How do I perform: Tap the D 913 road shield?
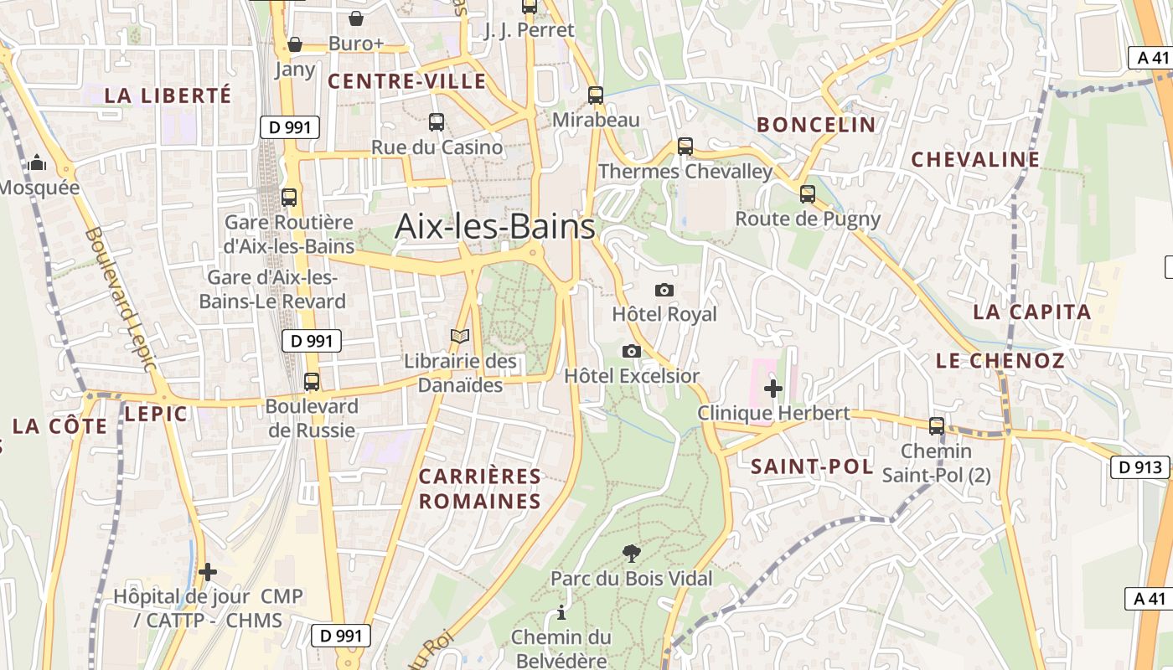(x=1139, y=467)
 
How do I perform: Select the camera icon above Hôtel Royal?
(x=664, y=290)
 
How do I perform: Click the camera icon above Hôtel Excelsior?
(x=632, y=351)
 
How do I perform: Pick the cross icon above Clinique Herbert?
(x=773, y=389)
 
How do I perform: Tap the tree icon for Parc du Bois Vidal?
(x=632, y=553)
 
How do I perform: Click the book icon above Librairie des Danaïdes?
(x=460, y=337)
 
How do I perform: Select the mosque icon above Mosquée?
(x=37, y=162)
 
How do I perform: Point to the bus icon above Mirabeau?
(x=596, y=95)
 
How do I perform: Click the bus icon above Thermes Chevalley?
(x=685, y=147)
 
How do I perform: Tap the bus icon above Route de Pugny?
(x=808, y=194)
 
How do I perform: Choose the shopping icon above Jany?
(x=295, y=44)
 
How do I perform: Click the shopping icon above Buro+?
(x=356, y=18)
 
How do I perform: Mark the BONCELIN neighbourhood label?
(x=816, y=125)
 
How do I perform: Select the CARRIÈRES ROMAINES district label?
(x=480, y=489)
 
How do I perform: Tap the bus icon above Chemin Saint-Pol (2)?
(x=937, y=426)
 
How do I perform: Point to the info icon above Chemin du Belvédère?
(x=561, y=612)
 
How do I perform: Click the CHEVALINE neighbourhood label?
(x=975, y=159)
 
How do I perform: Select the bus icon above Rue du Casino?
(x=437, y=122)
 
